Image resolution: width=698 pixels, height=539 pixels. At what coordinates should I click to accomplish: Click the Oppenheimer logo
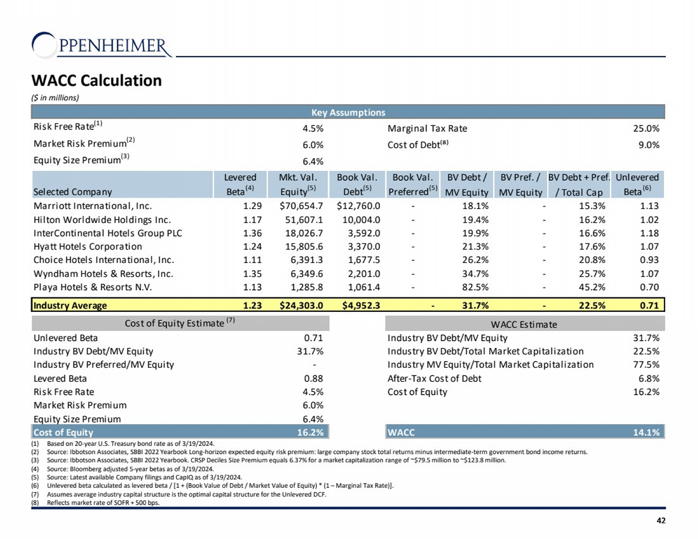pos(101,46)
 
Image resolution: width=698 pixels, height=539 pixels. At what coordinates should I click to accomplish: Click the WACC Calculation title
pos(96,81)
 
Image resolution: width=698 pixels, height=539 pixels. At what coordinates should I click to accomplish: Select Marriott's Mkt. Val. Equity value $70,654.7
pos(301,206)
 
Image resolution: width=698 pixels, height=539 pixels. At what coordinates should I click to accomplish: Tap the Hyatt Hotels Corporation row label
pos(87,247)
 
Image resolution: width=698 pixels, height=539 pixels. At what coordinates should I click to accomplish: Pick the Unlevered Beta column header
pos(637,184)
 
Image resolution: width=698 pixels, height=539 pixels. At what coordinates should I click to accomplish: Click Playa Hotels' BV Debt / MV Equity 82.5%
pos(475,287)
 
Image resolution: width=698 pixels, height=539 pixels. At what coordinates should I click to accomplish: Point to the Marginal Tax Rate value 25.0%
pos(646,128)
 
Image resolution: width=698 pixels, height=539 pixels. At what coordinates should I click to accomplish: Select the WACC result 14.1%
pos(646,432)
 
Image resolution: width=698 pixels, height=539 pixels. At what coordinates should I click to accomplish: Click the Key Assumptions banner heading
pos(348,113)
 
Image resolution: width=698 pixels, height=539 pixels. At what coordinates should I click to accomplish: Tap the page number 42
pos(661,520)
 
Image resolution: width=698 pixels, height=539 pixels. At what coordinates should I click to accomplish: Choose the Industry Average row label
pos(70,305)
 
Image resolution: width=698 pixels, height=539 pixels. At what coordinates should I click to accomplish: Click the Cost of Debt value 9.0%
pos(649,145)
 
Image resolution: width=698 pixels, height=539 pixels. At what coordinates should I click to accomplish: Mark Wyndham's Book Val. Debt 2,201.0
pos(364,274)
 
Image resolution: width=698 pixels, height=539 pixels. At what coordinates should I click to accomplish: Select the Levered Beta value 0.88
pos(313,378)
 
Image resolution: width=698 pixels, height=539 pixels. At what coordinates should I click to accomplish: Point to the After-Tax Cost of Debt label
pos(434,378)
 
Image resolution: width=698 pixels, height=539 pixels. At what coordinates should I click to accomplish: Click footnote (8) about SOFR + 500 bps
pos(103,503)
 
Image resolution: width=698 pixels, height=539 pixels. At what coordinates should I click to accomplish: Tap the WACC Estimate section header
pos(524,324)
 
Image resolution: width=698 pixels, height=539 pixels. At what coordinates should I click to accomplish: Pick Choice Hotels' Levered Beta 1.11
pos(252,260)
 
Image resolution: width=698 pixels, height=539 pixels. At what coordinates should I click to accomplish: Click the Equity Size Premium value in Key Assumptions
pos(313,162)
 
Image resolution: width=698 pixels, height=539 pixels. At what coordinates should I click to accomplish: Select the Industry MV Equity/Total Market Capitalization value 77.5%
pos(646,364)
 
